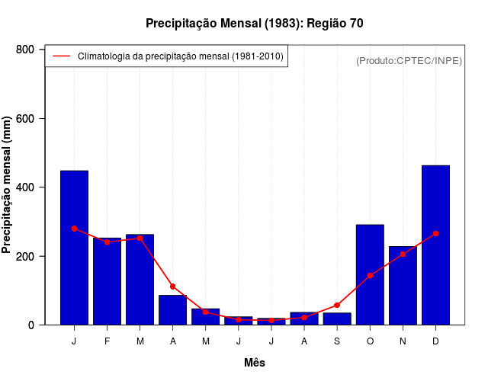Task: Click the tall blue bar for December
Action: pyautogui.click(x=435, y=245)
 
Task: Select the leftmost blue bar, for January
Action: pyautogui.click(x=74, y=248)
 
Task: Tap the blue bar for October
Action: pyautogui.click(x=370, y=274)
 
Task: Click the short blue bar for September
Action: pyautogui.click(x=337, y=319)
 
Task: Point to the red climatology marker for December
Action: pyautogui.click(x=435, y=233)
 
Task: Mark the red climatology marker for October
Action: pyautogui.click(x=370, y=276)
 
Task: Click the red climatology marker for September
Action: pyautogui.click(x=337, y=306)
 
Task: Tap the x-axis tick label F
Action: pyautogui.click(x=108, y=341)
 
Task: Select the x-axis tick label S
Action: pyautogui.click(x=337, y=341)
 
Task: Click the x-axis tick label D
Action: pyautogui.click(x=435, y=341)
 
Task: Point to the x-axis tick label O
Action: pyautogui.click(x=370, y=341)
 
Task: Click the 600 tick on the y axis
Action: pyautogui.click(x=26, y=119)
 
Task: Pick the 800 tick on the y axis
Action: pyautogui.click(x=26, y=50)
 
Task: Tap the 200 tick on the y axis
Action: pyautogui.click(x=26, y=256)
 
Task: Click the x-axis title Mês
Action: pyautogui.click(x=255, y=363)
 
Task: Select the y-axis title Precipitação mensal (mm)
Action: pyautogui.click(x=8, y=185)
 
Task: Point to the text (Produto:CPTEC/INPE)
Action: pyautogui.click(x=409, y=61)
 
